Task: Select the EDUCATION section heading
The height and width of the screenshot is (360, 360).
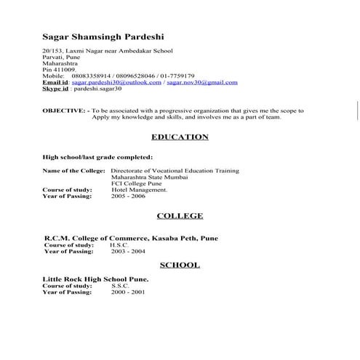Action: click(x=180, y=137)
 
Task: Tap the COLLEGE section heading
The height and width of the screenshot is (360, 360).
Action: click(x=180, y=216)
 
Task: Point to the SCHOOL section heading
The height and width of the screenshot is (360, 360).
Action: click(x=180, y=265)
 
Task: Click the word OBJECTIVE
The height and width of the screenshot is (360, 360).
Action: click(x=63, y=111)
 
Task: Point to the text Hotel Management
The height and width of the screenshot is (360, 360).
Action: click(x=139, y=190)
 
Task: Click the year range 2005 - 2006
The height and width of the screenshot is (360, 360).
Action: click(x=128, y=196)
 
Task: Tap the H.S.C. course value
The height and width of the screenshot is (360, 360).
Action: click(x=119, y=245)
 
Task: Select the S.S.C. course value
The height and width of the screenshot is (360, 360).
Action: click(x=120, y=286)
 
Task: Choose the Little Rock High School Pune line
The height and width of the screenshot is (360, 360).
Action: click(x=95, y=279)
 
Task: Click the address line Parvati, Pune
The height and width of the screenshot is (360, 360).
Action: click(x=63, y=58)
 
